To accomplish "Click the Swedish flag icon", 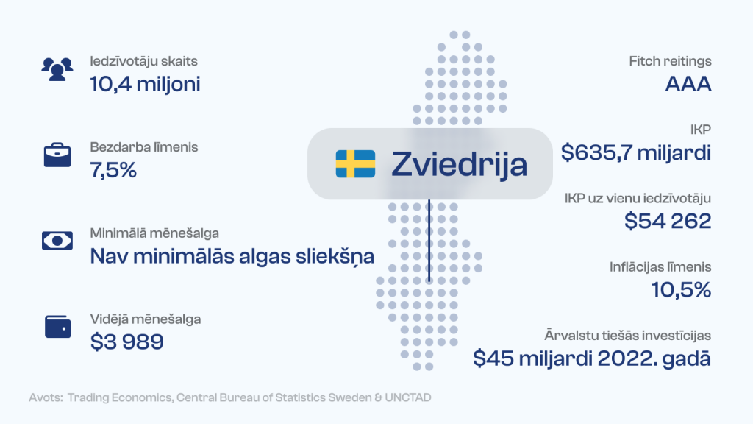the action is tap(355, 164).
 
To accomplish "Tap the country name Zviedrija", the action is tap(459, 165).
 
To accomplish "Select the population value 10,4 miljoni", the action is tap(145, 84).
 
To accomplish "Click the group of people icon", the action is tap(57, 69).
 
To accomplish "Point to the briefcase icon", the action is tap(57, 155).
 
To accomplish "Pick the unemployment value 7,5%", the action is tap(113, 170).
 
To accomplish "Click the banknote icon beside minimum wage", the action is tap(57, 241).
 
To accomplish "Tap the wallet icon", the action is tap(57, 327).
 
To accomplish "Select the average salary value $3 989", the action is tap(126, 342).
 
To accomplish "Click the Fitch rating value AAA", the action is tap(688, 84).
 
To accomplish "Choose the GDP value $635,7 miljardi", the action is tap(636, 153).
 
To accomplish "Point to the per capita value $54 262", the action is tap(668, 221).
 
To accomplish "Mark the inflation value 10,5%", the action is tap(681, 290).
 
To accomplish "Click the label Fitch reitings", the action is tap(670, 61).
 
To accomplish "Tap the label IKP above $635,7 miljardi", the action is tap(700, 130).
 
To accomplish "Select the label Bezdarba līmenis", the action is tap(144, 147).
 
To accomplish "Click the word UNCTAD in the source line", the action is tap(407, 397).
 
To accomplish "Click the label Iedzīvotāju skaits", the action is tap(143, 61).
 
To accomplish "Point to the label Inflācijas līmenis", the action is tap(660, 267).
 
